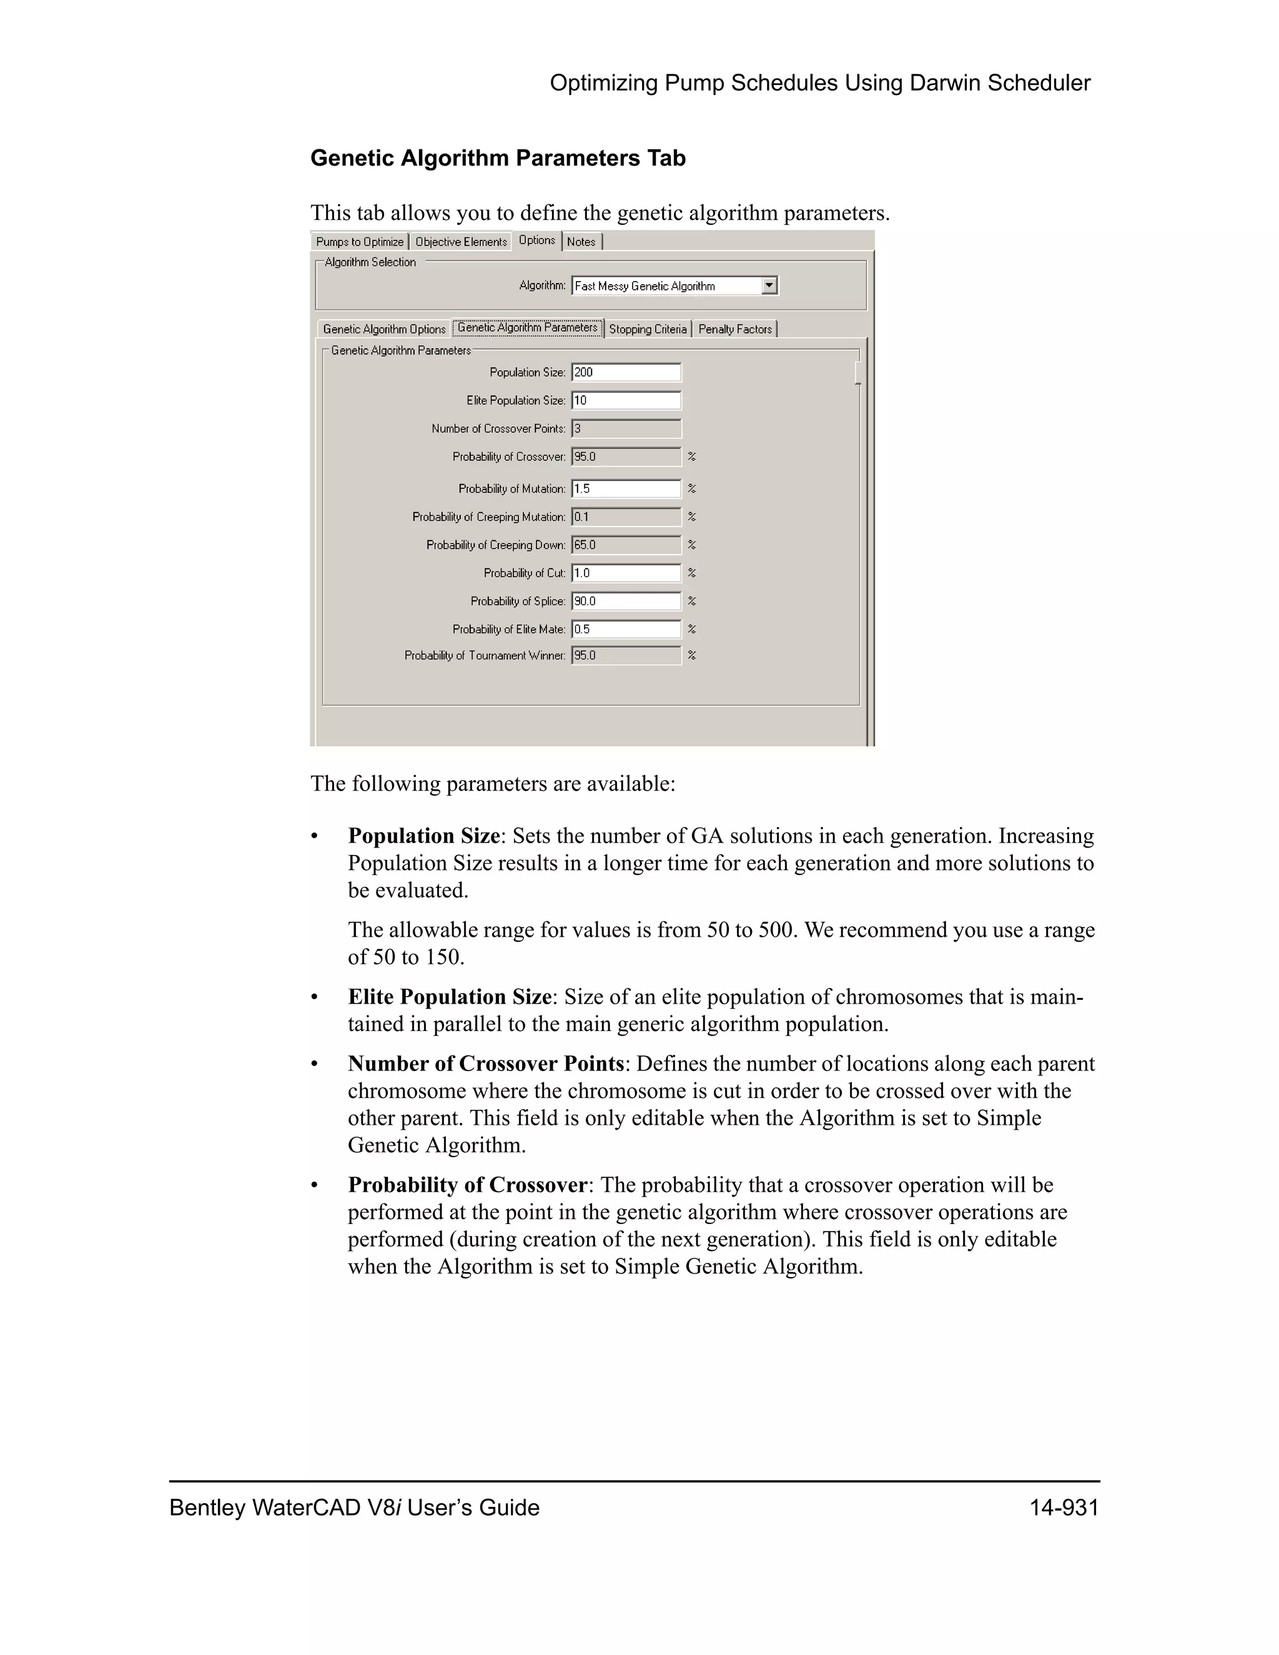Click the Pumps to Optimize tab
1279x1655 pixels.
359,242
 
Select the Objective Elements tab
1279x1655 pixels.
461,242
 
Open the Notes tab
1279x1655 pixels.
581,242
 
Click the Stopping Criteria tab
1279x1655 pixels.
648,329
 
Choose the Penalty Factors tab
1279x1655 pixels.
735,329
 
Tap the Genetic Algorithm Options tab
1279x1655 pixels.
384,329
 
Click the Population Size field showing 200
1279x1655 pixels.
626,372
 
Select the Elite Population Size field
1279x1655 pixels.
626,400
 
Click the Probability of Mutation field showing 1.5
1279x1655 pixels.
626,489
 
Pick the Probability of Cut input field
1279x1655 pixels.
626,573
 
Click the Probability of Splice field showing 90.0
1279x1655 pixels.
626,601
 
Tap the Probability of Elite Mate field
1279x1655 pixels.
626,629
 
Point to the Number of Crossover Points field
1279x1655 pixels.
626,429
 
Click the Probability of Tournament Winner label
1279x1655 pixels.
485,656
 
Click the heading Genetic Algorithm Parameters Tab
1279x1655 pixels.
498,159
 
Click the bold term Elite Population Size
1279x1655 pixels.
449,997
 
